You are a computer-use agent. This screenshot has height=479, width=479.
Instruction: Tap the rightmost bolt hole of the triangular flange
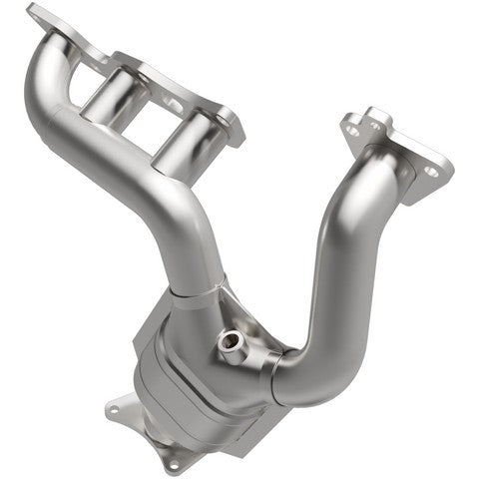(430, 171)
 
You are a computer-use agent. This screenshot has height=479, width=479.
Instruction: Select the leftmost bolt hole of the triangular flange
(350, 128)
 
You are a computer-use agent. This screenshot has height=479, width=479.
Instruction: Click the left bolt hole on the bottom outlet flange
(113, 410)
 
